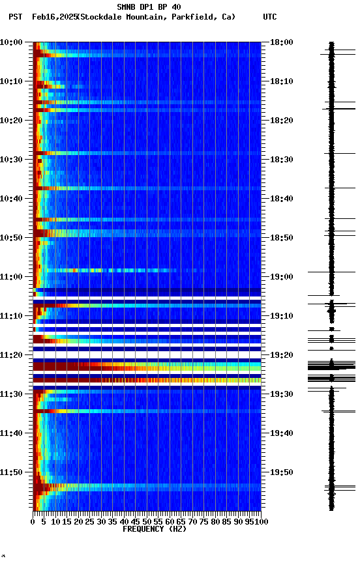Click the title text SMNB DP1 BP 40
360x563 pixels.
(149, 7)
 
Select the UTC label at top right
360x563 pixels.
(270, 17)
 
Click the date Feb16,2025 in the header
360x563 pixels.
(53, 17)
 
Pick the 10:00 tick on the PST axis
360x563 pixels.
(12, 42)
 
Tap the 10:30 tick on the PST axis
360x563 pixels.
(12, 160)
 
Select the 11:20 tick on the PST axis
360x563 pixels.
(12, 355)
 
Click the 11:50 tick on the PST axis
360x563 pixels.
(12, 472)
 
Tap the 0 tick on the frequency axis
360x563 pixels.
(33, 522)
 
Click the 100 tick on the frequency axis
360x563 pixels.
(260, 522)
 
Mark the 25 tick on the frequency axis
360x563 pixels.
(90, 522)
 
